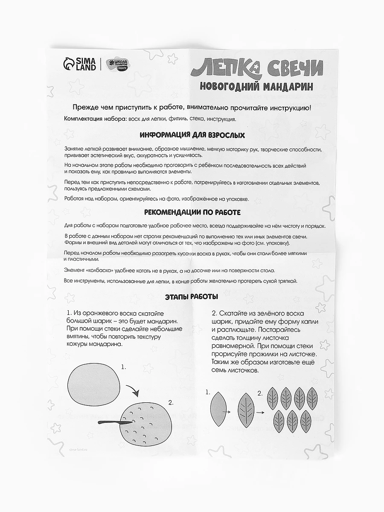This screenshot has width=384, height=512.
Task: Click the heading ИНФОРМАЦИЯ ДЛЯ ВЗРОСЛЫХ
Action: (192, 135)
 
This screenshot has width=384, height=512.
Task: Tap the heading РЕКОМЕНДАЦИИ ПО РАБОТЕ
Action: (192, 212)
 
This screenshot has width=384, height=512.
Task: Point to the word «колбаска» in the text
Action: (93, 271)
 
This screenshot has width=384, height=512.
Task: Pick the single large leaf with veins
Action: (247, 408)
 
